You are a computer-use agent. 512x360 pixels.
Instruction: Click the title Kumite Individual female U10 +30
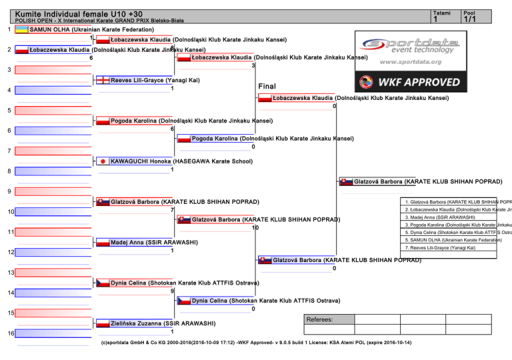point(79,13)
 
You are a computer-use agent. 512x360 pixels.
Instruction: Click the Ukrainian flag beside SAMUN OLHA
point(22,30)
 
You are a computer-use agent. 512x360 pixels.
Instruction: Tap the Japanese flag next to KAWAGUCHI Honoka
point(103,161)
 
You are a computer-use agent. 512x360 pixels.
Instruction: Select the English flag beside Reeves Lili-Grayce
point(103,80)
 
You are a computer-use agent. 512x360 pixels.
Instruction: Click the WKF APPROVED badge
point(409,83)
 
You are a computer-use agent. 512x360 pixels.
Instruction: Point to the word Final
point(267,86)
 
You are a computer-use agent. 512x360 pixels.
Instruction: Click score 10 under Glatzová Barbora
point(255,228)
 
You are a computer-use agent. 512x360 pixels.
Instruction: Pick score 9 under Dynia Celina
point(172,291)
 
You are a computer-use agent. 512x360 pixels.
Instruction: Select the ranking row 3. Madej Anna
point(440,217)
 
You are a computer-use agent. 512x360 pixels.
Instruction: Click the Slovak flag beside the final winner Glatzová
point(347,181)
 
